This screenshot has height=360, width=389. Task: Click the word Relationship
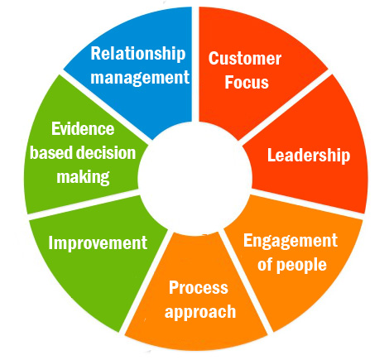[138, 54]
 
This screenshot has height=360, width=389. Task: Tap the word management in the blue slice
[140, 78]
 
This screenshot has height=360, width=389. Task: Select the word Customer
[245, 59]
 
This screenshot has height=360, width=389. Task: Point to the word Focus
[247, 82]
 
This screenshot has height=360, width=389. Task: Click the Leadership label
[309, 156]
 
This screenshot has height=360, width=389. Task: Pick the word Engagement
[291, 241]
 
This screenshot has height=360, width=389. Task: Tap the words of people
[292, 265]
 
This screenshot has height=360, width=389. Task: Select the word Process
[199, 288]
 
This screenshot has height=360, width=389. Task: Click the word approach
[200, 312]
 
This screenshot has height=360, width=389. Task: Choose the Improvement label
[98, 242]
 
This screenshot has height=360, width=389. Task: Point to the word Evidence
[83, 129]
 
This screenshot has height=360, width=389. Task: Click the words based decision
[83, 152]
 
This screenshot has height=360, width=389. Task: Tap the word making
[83, 177]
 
